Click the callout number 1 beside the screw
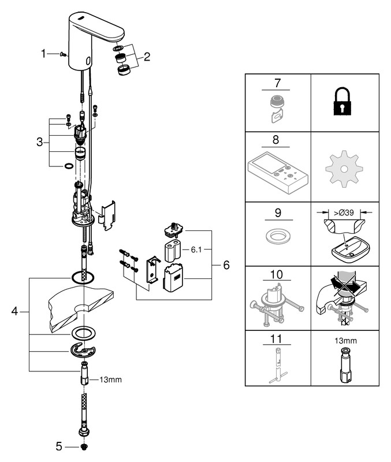click(x=43, y=54)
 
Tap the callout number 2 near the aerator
click(x=147, y=57)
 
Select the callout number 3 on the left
click(x=40, y=141)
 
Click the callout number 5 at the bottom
click(x=58, y=446)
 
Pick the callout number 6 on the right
click(x=226, y=264)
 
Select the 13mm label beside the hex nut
click(x=111, y=379)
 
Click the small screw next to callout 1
click(x=63, y=54)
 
